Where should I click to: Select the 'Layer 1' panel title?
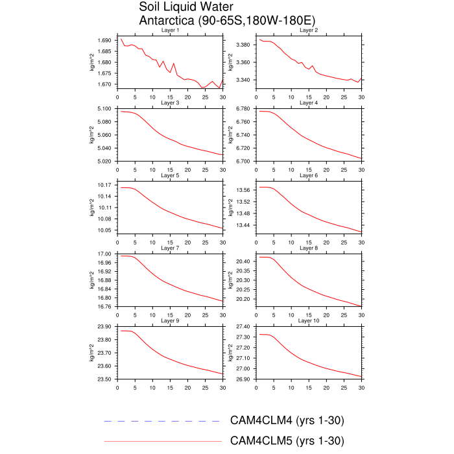pyautogui.click(x=170, y=30)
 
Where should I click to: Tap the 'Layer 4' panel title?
pyautogui.click(x=308, y=103)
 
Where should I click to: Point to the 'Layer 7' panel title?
pyautogui.click(x=170, y=248)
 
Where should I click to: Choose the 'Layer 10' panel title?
pyautogui.click(x=308, y=321)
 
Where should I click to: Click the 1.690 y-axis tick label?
pyautogui.click(x=104, y=40)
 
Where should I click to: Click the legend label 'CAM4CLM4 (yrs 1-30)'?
pyautogui.click(x=287, y=421)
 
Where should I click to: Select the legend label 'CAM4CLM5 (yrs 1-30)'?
pyautogui.click(x=287, y=441)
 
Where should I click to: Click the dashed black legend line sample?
pyautogui.click(x=162, y=422)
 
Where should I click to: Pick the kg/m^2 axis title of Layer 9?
pyautogui.click(x=91, y=353)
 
